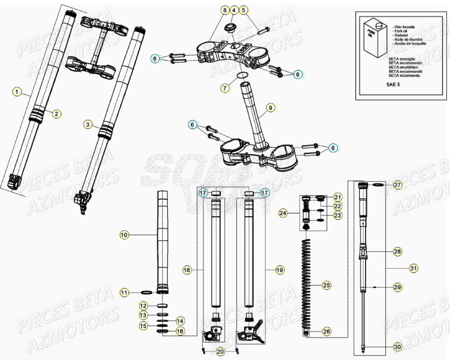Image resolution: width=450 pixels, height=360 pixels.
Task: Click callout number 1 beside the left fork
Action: tap(17, 92)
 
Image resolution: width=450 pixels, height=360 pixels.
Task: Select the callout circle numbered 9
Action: tap(270, 107)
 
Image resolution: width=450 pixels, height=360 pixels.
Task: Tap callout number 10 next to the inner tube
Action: tap(125, 234)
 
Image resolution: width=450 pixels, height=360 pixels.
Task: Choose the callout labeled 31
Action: tap(413, 269)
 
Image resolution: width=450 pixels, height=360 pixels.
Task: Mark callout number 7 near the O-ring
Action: tap(225, 88)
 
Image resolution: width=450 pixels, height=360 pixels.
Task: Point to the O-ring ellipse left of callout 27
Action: tap(377, 185)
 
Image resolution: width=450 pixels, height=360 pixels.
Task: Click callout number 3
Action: tap(88, 125)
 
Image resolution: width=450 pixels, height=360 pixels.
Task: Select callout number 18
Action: tap(187, 270)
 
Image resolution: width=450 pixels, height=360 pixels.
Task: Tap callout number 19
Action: tap(279, 270)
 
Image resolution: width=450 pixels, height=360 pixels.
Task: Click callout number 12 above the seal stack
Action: tap(143, 306)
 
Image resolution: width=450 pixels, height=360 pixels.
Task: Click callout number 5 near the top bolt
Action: tap(243, 10)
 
